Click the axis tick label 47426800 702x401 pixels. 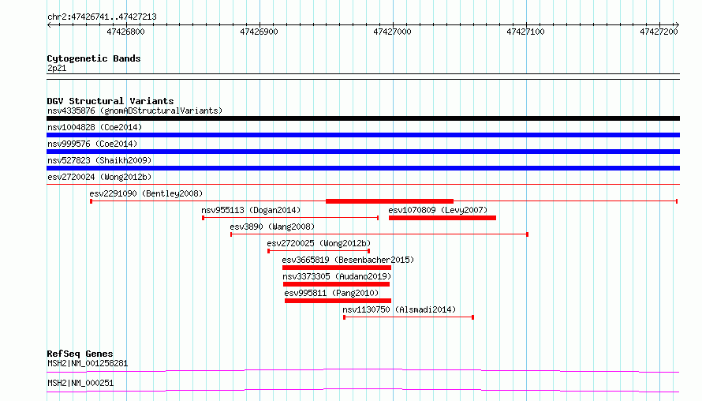coord(125,32)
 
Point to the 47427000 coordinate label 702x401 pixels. coord(392,32)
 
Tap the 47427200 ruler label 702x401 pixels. coord(659,32)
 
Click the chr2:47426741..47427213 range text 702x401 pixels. coord(102,17)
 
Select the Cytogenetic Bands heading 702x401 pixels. coord(94,58)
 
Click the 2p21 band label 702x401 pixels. coord(57,68)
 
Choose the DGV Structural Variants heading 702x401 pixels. coord(110,101)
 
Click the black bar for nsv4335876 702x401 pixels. coord(363,118)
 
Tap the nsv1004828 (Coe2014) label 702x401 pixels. coord(95,127)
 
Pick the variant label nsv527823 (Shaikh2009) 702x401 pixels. coord(99,160)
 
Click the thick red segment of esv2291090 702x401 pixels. coord(390,201)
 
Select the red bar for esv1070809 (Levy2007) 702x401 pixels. coord(442,218)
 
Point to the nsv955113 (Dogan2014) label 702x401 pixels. coord(251,210)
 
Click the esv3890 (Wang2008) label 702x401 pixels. coord(272,227)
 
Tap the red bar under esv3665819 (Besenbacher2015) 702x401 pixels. coord(337,268)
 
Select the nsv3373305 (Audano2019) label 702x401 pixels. coord(337,276)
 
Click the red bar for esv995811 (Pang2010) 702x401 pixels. coord(338,301)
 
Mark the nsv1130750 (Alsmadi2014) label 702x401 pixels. coord(399,309)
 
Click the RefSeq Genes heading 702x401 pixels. coord(80,354)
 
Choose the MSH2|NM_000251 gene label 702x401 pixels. coord(80,383)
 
